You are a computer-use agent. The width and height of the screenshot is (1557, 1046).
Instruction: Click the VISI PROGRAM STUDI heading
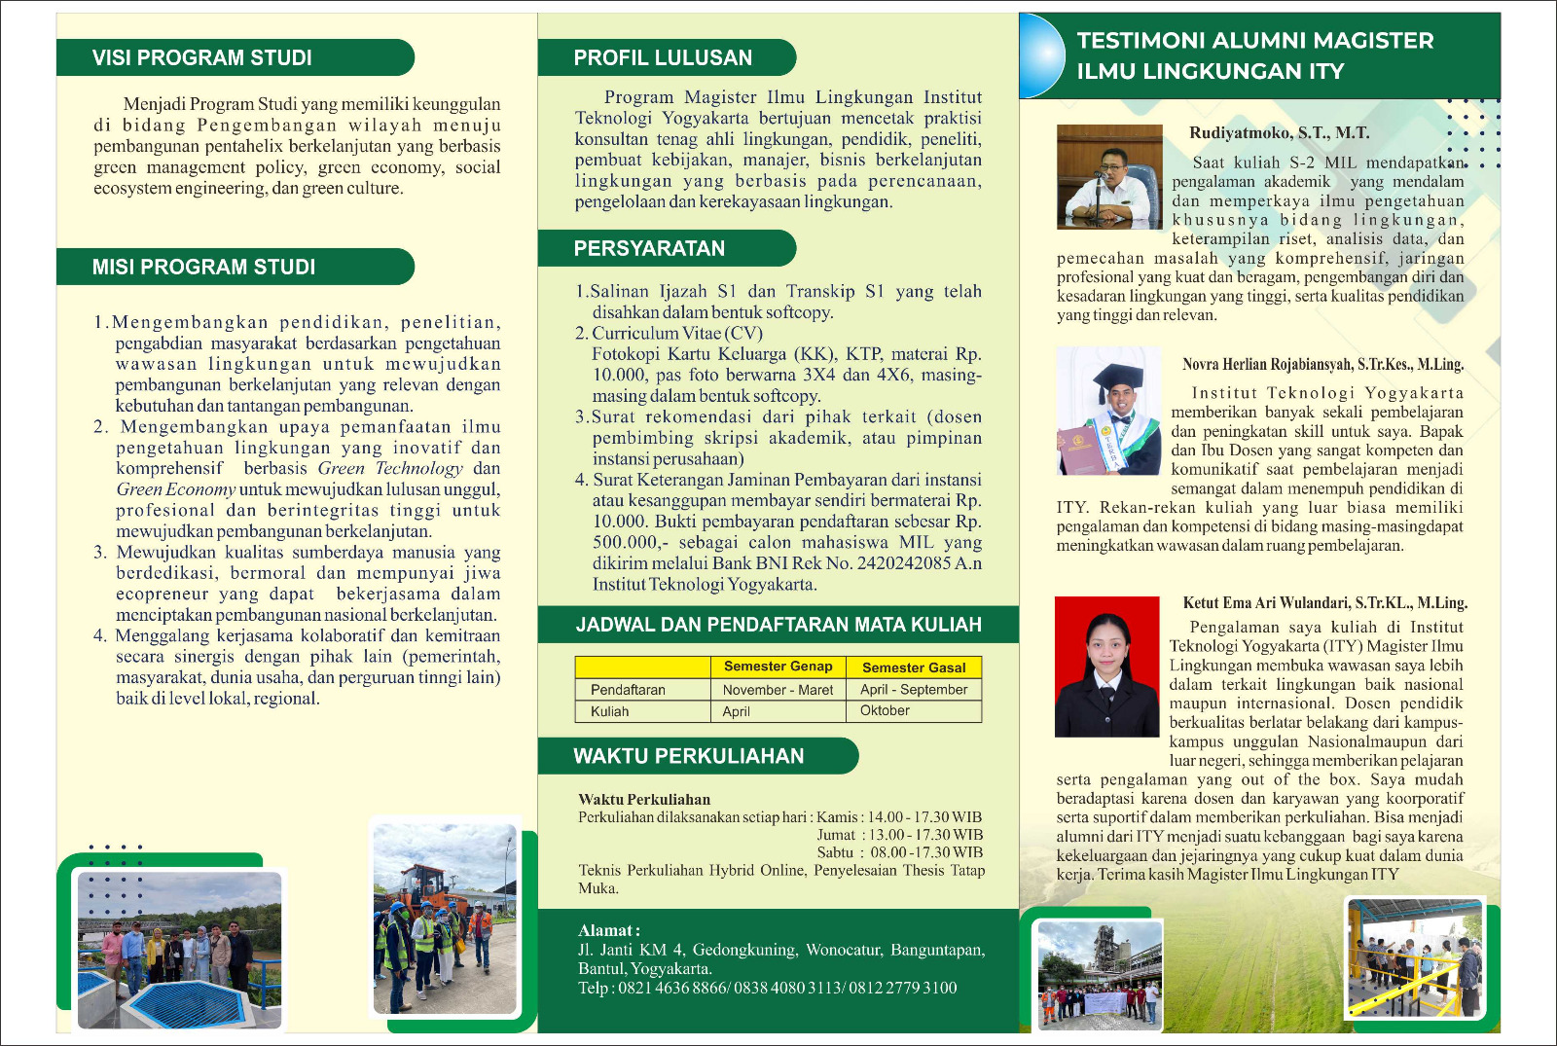pyautogui.click(x=202, y=57)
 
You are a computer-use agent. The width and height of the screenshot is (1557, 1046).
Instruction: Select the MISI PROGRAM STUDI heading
pyautogui.click(x=203, y=267)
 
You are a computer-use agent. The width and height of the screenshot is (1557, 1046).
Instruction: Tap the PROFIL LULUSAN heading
pyautogui.click(x=663, y=57)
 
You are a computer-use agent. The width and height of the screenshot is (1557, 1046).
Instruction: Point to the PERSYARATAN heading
pyautogui.click(x=649, y=248)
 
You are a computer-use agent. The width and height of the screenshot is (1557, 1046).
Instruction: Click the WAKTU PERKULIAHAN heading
pyautogui.click(x=688, y=756)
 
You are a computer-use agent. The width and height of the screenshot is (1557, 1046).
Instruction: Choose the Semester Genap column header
pyautogui.click(x=778, y=667)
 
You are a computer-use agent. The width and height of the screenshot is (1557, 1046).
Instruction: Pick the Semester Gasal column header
pyautogui.click(x=913, y=667)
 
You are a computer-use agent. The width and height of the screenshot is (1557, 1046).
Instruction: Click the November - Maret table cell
pyautogui.click(x=778, y=690)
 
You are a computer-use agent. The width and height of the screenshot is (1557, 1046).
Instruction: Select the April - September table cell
pyautogui.click(x=913, y=689)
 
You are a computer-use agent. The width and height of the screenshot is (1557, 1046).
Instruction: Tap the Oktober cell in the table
pyautogui.click(x=885, y=710)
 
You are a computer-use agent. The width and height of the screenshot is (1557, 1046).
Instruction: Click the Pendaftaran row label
pyautogui.click(x=628, y=690)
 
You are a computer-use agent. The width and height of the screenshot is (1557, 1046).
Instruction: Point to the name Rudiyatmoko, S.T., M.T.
pyautogui.click(x=1279, y=133)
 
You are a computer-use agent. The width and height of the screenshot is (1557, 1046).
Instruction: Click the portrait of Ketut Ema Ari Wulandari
pyautogui.click(x=1106, y=667)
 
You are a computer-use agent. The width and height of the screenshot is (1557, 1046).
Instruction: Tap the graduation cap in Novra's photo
pyautogui.click(x=1117, y=378)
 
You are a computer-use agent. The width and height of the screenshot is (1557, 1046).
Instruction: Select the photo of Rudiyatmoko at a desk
pyautogui.click(x=1109, y=176)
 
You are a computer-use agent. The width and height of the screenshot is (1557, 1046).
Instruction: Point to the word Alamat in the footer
pyautogui.click(x=606, y=930)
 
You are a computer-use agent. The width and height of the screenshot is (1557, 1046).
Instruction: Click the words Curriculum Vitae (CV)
pyautogui.click(x=677, y=333)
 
